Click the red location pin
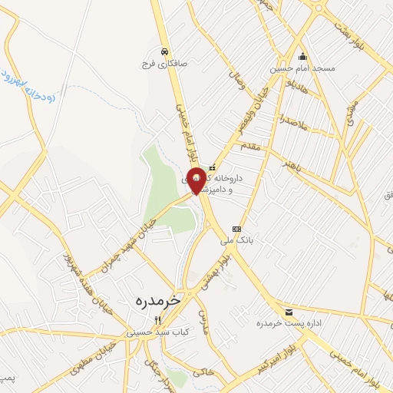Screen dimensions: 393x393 click(196, 180)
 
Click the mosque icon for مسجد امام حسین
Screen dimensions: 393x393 click(302, 56)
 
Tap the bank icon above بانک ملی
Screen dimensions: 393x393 click(236, 229)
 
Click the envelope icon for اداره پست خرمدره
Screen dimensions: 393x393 click(289, 312)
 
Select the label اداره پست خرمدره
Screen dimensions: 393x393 click(286, 323)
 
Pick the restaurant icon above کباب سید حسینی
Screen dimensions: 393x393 click(157, 320)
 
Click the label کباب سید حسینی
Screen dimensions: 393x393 click(153, 332)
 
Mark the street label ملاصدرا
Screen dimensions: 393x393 click(292, 121)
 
